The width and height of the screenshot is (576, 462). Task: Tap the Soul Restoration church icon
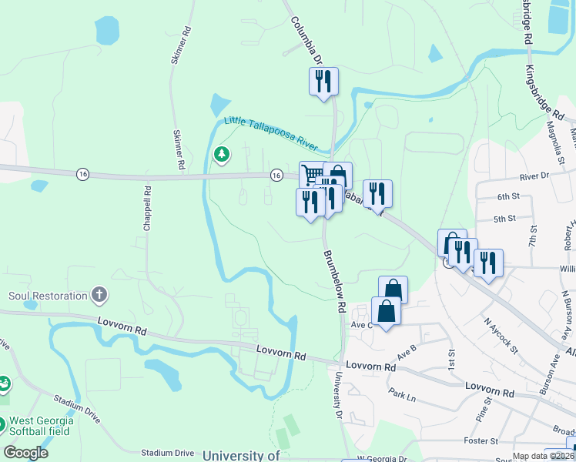[x=99, y=294]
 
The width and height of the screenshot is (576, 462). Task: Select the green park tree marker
[x=222, y=155]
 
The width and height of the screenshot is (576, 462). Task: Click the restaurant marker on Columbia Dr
[x=323, y=80]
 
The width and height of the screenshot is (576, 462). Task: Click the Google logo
[x=25, y=453]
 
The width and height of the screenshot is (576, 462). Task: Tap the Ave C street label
[x=362, y=324]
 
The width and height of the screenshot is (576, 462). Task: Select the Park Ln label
[x=402, y=397]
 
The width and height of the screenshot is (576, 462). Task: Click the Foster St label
[x=482, y=441]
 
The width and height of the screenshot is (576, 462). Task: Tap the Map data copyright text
[x=543, y=456]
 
